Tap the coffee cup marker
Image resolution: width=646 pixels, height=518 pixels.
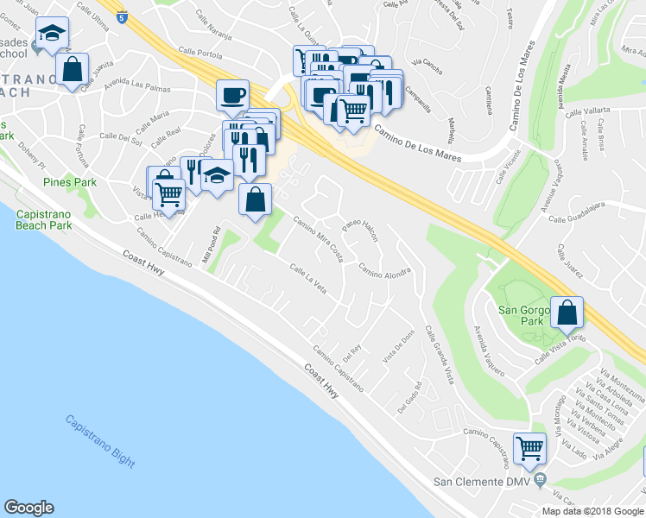click(233, 94)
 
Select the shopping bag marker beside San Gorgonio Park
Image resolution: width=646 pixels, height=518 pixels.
click(567, 313)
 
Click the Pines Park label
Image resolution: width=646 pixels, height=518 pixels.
click(70, 183)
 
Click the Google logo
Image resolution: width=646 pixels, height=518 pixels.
click(28, 508)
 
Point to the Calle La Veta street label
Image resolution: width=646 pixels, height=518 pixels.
click(307, 279)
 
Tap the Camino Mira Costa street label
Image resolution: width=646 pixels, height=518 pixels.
click(319, 239)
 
